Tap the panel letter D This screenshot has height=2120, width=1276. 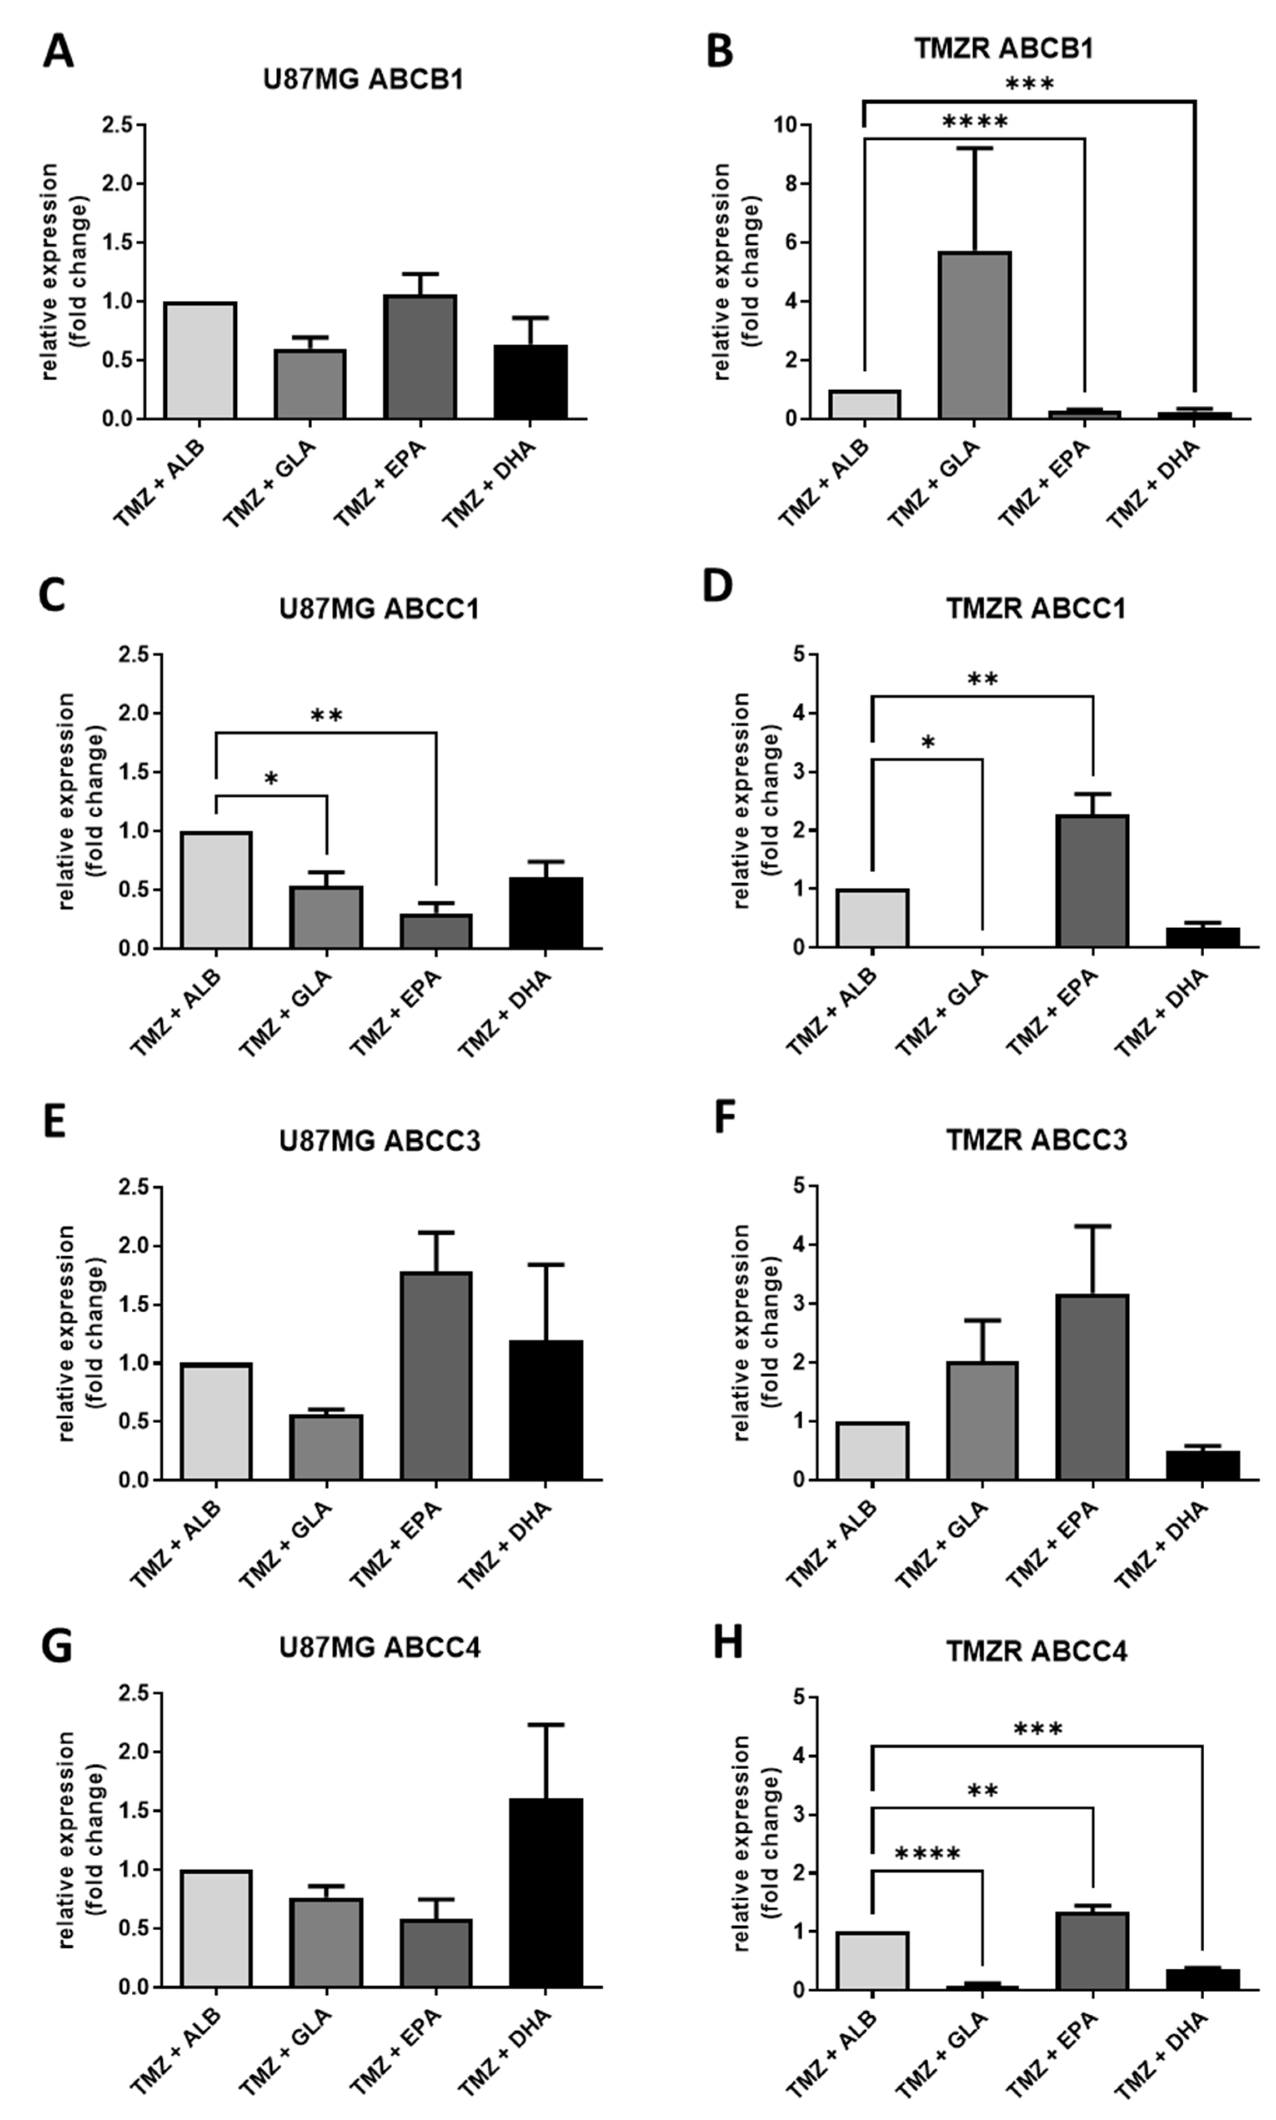717,586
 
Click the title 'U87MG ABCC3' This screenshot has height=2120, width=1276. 379,1140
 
